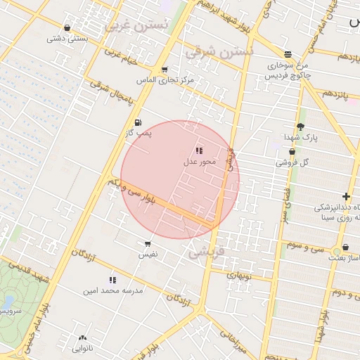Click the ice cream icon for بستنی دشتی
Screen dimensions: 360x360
pyautogui.click(x=67, y=28)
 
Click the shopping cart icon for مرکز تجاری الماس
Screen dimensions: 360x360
pyautogui.click(x=165, y=70)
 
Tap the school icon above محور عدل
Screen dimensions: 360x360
pyautogui.click(x=199, y=150)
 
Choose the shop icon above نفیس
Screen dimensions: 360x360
pyautogui.click(x=148, y=243)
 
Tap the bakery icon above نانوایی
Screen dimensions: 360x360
pyautogui.click(x=82, y=338)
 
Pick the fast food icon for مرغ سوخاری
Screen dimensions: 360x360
pyautogui.click(x=288, y=54)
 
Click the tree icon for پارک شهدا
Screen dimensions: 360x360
pyautogui.click(x=301, y=127)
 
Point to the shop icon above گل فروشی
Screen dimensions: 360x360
pyautogui.click(x=292, y=151)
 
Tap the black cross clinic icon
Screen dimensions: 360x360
pyautogui.click(x=346, y=196)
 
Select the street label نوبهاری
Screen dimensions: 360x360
pyautogui.click(x=237, y=276)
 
